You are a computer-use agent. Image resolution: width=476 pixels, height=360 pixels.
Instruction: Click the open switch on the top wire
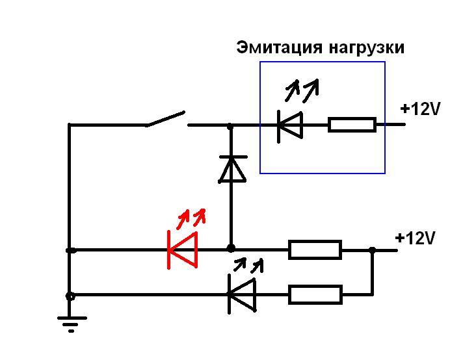[166, 120]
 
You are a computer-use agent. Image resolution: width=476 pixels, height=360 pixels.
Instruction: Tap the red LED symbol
[183, 250]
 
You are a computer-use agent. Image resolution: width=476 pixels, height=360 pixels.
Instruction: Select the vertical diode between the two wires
[231, 169]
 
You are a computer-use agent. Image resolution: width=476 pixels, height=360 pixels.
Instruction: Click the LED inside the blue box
[289, 125]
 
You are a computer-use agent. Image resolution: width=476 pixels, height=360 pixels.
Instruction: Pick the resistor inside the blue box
[352, 125]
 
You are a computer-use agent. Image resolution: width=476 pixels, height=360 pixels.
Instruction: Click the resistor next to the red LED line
[315, 250]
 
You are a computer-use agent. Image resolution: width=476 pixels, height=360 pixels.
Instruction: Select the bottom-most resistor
[315, 294]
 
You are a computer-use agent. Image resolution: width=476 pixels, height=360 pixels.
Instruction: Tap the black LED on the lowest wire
[241, 294]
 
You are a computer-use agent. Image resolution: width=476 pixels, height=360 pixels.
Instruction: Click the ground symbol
[70, 322]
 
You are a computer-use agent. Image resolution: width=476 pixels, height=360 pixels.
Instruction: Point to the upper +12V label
[421, 109]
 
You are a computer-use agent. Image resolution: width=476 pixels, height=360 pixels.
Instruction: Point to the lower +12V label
[416, 238]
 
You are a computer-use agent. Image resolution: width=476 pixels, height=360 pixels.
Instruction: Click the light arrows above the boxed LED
[304, 88]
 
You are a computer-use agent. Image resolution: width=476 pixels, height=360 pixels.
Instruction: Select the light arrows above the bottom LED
[250, 264]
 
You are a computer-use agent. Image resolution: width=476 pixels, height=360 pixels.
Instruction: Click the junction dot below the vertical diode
[231, 248]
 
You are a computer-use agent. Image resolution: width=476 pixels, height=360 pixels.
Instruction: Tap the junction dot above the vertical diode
[230, 125]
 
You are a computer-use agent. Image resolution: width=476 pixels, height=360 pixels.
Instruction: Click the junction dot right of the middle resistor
[371, 250]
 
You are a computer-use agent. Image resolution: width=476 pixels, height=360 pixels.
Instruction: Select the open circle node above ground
[70, 296]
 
